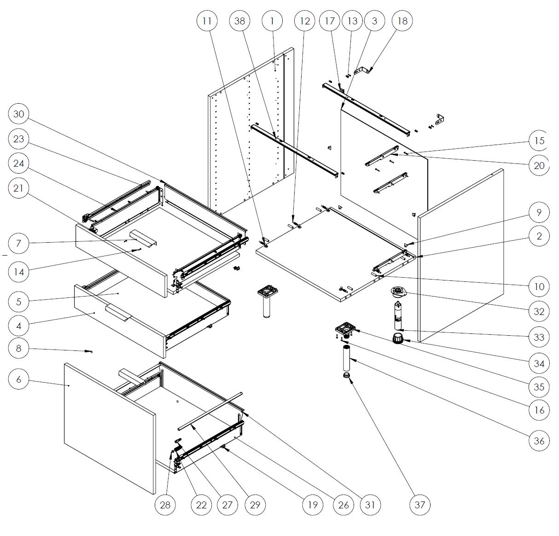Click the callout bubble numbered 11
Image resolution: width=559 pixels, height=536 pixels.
pyautogui.click(x=207, y=21)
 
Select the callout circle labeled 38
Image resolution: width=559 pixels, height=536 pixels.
pyautogui.click(x=240, y=21)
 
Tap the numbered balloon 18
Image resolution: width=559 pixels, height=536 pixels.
pyautogui.click(x=402, y=21)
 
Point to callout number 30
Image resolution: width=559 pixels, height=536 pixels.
pyautogui.click(x=19, y=114)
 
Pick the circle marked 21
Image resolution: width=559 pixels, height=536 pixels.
pyautogui.click(x=19, y=188)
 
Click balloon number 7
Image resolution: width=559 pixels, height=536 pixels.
pyautogui.click(x=19, y=243)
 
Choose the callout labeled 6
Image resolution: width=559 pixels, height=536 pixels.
pyautogui.click(x=19, y=379)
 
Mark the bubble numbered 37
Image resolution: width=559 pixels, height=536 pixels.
pyautogui.click(x=419, y=505)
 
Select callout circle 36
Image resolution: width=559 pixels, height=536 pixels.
pyautogui.click(x=539, y=441)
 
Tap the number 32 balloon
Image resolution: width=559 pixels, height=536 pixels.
pyautogui.click(x=539, y=311)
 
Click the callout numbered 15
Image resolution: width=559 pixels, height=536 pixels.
pyautogui.click(x=539, y=140)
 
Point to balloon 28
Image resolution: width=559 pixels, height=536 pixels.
pyautogui.click(x=165, y=505)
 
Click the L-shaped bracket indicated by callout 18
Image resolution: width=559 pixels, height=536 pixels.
pyautogui.click(x=362, y=70)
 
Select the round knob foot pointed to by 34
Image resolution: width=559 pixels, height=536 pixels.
pyautogui.click(x=398, y=338)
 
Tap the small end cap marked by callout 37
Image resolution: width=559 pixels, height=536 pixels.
pyautogui.click(x=347, y=375)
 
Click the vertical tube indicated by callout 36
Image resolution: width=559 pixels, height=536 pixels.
pyautogui.click(x=347, y=358)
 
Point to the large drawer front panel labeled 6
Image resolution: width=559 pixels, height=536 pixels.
pyautogui.click(x=110, y=429)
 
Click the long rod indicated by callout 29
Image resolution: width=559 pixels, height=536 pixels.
pyautogui.click(x=210, y=411)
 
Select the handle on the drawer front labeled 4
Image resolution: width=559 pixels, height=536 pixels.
pyautogui.click(x=118, y=313)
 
